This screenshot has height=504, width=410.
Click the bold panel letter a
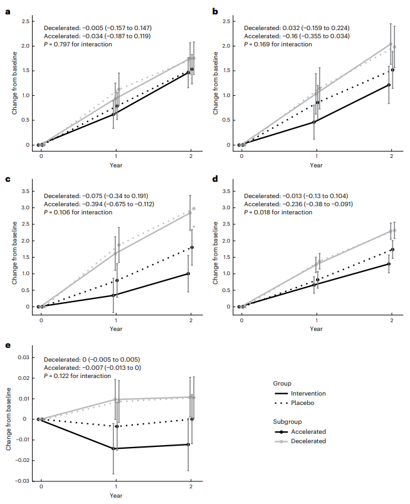pyautogui.click(x=8, y=11)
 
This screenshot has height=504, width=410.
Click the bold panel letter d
pyautogui.click(x=215, y=179)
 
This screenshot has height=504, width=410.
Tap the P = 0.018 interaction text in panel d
pyautogui.click(x=278, y=213)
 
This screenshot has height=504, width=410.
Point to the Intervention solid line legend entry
pyautogui.click(x=300, y=393)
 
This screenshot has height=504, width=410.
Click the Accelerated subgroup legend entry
pyautogui.click(x=300, y=431)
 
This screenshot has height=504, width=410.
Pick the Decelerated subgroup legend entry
pyautogui.click(x=300, y=441)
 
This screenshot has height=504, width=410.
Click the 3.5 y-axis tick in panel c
pyautogui.click(x=25, y=191)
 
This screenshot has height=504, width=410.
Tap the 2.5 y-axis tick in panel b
pyautogui.click(x=226, y=22)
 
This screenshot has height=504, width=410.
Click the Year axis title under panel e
pyautogui.click(x=116, y=495)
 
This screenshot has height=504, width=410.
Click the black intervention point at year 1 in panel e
pyautogui.click(x=115, y=448)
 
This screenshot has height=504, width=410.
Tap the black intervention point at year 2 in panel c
pyautogui.click(x=188, y=273)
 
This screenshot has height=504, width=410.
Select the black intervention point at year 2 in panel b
pyautogui.click(x=389, y=85)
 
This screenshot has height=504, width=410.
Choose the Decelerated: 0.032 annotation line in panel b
pyautogui.click(x=296, y=28)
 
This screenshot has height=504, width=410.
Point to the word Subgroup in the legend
pyautogui.click(x=288, y=421)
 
